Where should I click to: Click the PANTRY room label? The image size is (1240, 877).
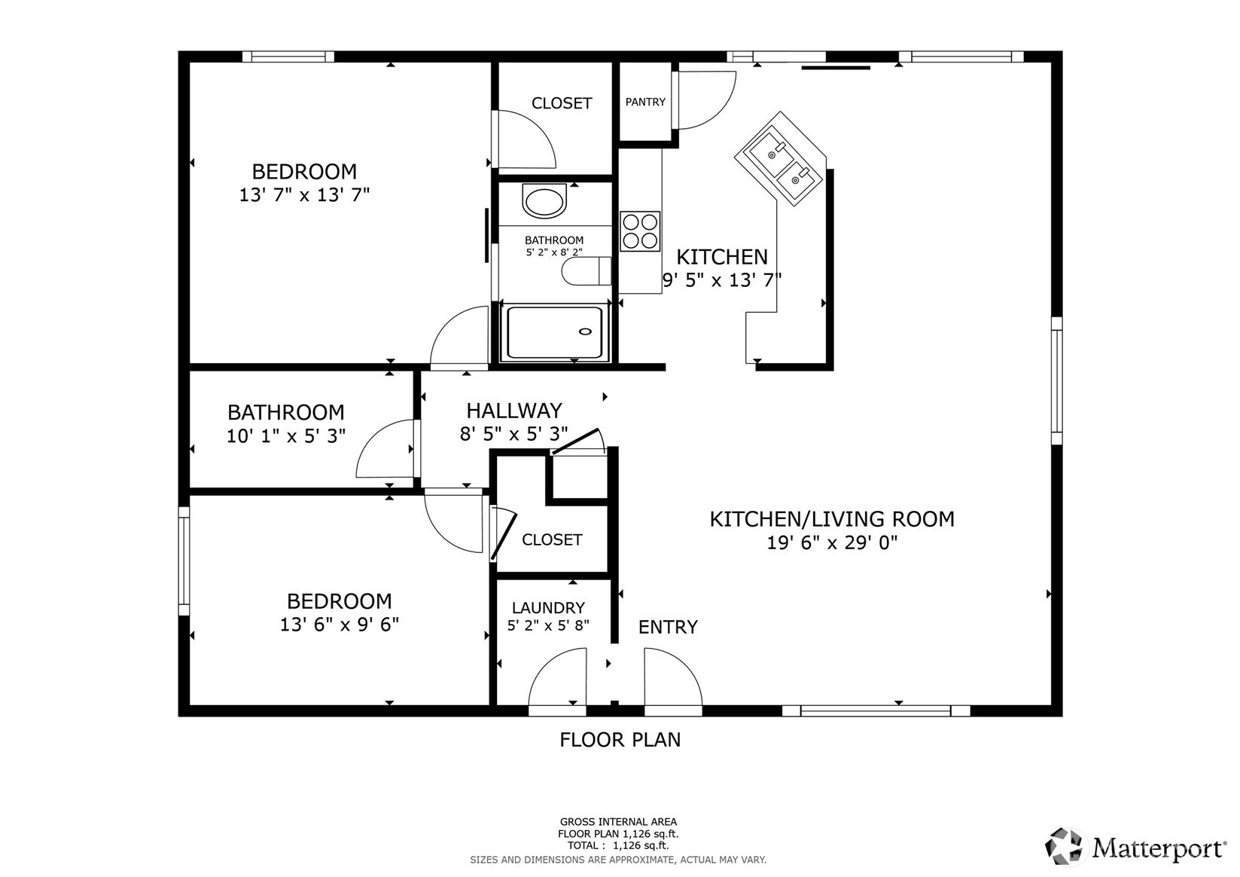(x=645, y=102)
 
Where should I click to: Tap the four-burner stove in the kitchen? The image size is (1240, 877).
(x=640, y=231)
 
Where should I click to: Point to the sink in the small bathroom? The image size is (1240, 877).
(x=545, y=201)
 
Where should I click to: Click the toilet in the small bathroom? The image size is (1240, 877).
(x=586, y=271)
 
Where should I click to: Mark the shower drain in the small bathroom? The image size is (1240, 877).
(x=585, y=332)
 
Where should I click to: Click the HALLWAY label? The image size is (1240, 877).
(x=514, y=411)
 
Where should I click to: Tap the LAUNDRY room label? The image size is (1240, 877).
(x=548, y=608)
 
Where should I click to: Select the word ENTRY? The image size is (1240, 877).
(x=668, y=627)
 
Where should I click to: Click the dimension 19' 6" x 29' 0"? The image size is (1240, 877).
(x=831, y=542)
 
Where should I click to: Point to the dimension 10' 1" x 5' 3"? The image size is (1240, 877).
(x=286, y=436)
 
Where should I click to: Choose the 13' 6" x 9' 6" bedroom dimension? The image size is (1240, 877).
(x=340, y=625)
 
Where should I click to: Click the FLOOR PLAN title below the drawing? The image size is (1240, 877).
(x=620, y=740)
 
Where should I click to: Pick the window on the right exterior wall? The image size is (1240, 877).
(x=1056, y=380)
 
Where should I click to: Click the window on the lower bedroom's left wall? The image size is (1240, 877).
(x=184, y=561)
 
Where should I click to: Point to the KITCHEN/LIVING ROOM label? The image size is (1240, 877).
(x=832, y=519)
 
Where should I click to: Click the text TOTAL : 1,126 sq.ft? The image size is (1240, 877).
(x=618, y=845)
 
